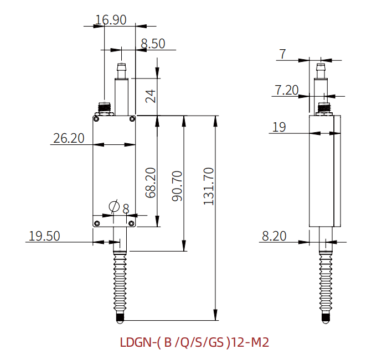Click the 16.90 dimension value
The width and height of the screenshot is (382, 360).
pos(111,20)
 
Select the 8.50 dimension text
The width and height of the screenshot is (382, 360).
pos(153,44)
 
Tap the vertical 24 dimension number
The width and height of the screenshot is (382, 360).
pos(151,96)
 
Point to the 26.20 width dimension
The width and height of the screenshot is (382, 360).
pos(69,138)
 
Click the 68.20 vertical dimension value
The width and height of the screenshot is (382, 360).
pos(151,182)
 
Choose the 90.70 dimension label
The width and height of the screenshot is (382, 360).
pos(177,186)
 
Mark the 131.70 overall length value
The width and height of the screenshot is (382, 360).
pos(209,186)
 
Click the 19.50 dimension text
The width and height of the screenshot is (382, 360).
pos(44,236)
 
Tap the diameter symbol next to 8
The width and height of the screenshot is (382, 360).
pos(114,207)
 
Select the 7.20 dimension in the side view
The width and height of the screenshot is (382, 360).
pos(287,90)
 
